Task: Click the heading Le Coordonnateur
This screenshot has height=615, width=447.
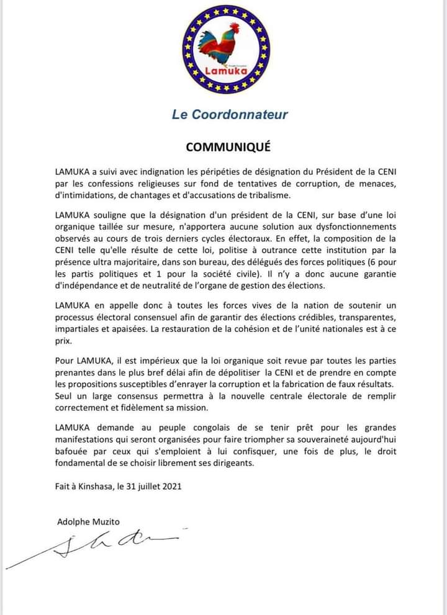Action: pos(230,114)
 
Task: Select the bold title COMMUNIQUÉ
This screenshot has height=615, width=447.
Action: pos(228,147)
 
